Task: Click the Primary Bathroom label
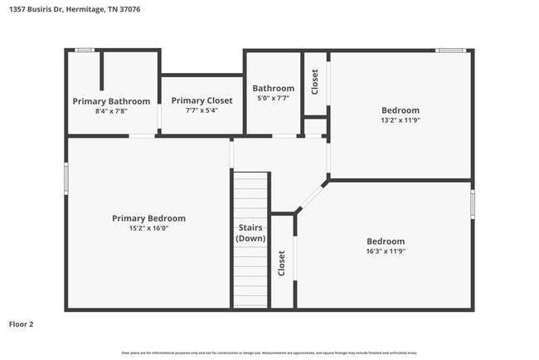click(111, 101)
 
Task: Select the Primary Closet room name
click(202, 100)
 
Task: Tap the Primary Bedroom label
click(148, 218)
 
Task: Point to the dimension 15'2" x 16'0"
click(148, 228)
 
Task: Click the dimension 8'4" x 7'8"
click(111, 110)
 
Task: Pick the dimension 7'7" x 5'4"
click(202, 109)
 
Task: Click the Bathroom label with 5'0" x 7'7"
click(273, 88)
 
